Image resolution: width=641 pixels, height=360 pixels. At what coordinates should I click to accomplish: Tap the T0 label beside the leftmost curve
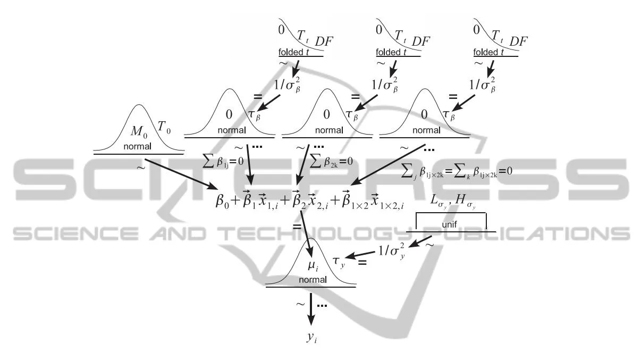pyautogui.click(x=164, y=126)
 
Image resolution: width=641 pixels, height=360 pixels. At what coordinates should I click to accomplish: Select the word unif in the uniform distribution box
pyautogui.click(x=450, y=225)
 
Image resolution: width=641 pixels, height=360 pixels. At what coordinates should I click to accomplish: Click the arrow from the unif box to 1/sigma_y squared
pyautogui.click(x=424, y=243)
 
